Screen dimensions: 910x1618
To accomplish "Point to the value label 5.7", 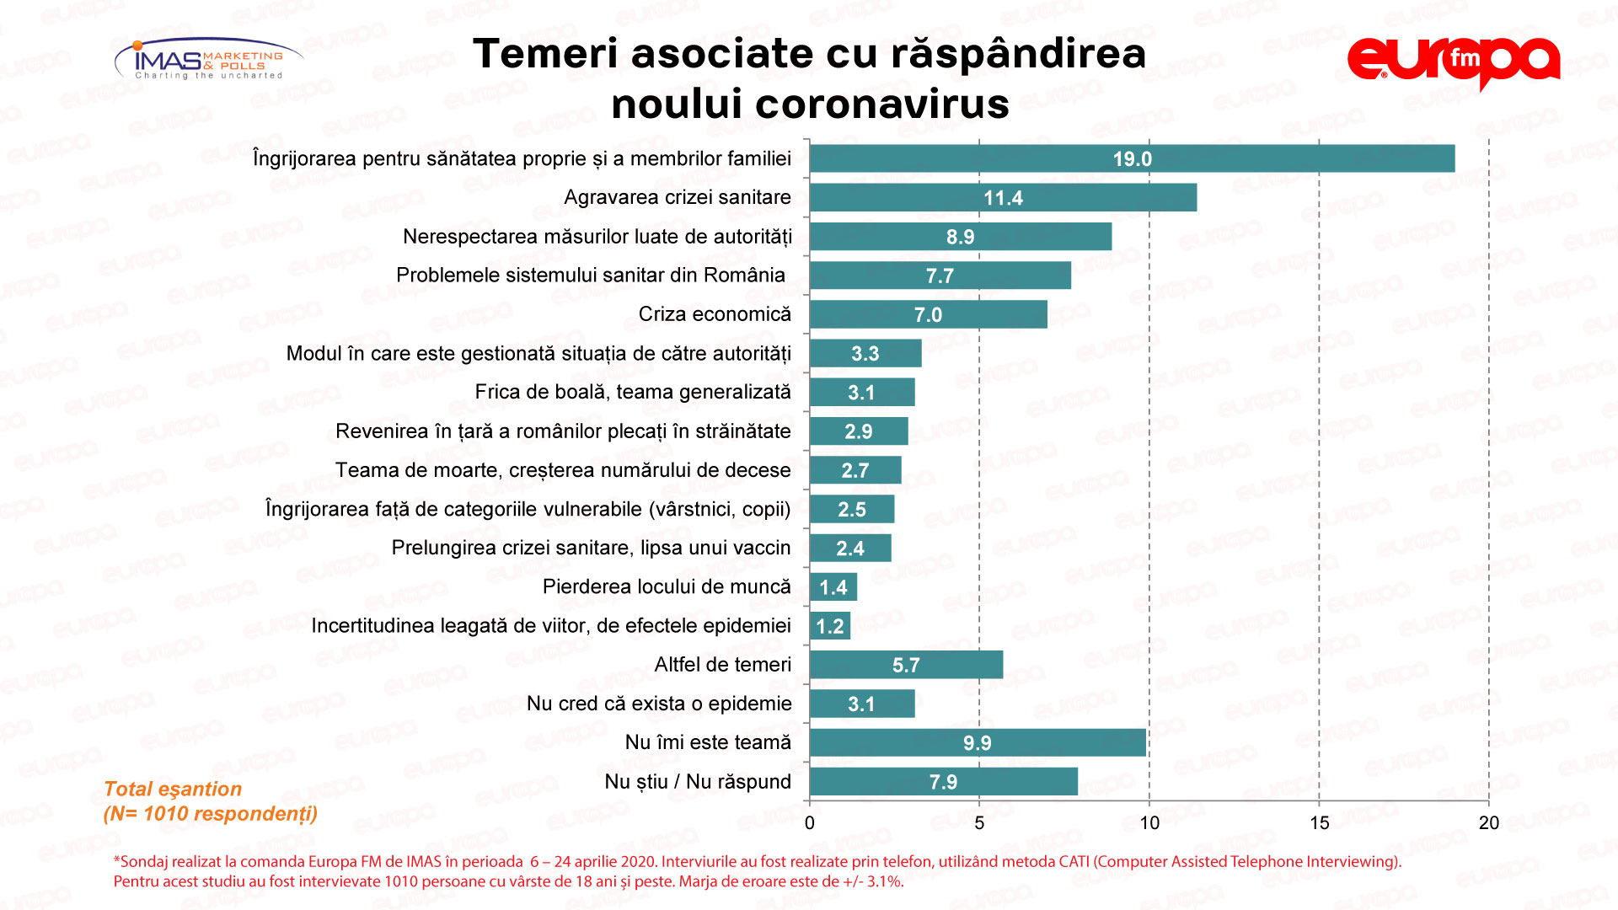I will tap(906, 666).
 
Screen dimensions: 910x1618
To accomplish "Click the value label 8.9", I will tap(960, 238).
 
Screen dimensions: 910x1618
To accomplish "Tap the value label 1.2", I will tap(830, 627).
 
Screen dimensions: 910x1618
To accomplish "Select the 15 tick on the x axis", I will tap(1319, 823).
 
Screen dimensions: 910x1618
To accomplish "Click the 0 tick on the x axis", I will tap(810, 823).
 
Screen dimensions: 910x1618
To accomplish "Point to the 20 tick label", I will tap(1489, 823).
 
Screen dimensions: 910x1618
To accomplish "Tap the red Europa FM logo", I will tap(1454, 62).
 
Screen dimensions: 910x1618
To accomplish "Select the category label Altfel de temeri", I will tap(722, 665).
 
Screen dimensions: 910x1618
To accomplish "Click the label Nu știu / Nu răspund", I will tap(698, 782).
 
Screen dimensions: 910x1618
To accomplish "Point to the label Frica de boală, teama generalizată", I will tap(633, 392).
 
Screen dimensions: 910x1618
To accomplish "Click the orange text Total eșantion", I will tap(173, 790).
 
